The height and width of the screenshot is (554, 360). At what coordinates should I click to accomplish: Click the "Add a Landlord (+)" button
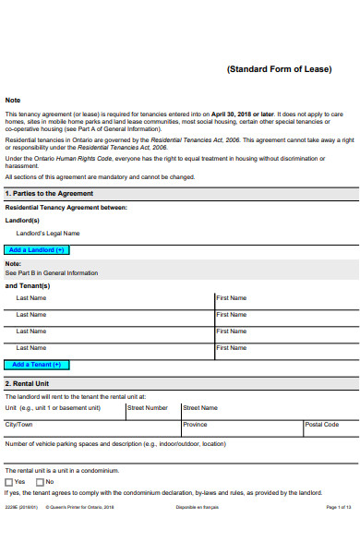coord(37,250)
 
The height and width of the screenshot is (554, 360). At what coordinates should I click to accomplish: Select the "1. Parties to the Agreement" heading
coord(49,194)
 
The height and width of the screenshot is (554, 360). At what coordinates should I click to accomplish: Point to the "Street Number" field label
coord(148,407)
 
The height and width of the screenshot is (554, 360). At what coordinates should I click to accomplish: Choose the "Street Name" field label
coord(200,407)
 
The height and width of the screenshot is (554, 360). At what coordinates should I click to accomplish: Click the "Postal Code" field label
coord(322,425)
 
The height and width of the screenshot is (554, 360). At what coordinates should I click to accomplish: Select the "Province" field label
coord(195,425)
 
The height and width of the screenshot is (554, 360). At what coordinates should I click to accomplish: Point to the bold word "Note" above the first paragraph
coord(13,100)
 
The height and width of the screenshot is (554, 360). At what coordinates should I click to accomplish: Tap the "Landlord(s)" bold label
coord(22,221)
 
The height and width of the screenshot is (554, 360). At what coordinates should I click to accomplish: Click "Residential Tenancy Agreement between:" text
coord(66,208)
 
